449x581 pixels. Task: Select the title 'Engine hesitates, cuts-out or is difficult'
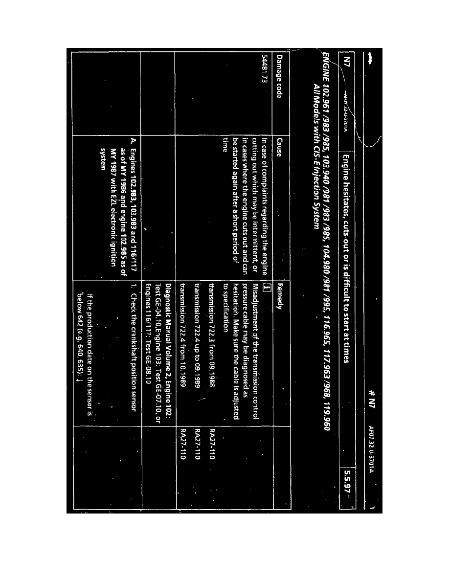pos(346,245)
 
